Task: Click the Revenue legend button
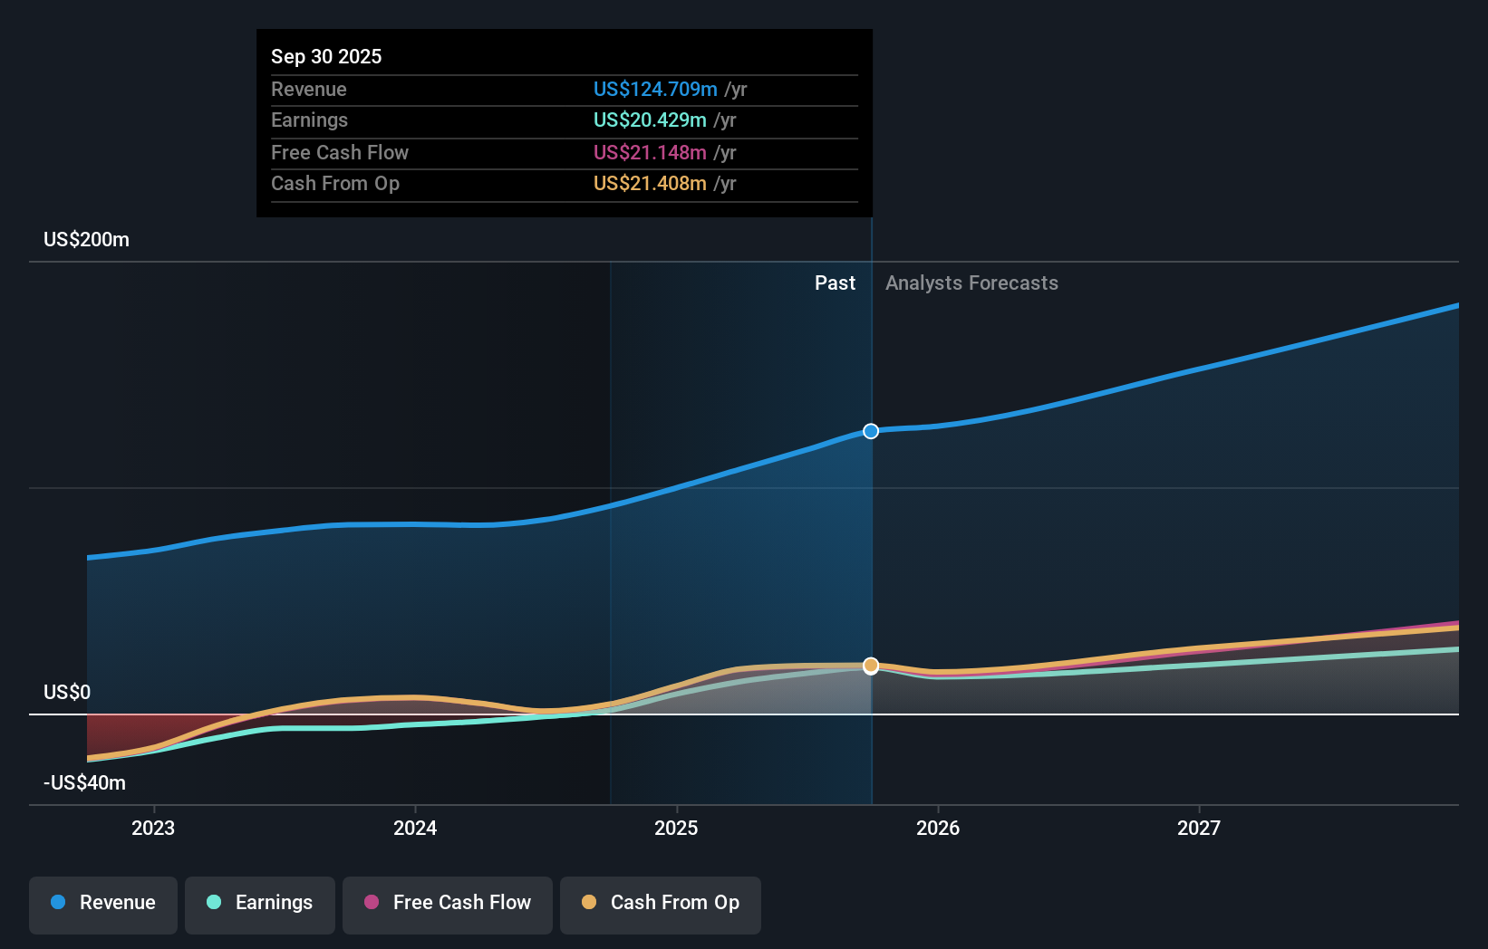(x=103, y=903)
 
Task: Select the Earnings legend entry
(x=260, y=903)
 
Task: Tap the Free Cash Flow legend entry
(x=448, y=903)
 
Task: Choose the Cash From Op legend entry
(x=661, y=903)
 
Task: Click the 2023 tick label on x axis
(x=153, y=828)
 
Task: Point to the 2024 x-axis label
(x=415, y=828)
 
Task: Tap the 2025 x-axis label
(x=676, y=828)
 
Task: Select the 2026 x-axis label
(x=938, y=828)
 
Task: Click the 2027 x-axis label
(x=1199, y=828)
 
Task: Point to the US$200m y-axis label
(x=87, y=240)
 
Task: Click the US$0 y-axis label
(x=67, y=693)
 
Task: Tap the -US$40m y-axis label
(x=85, y=783)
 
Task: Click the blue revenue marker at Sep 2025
(x=871, y=431)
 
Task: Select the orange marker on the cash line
(x=871, y=666)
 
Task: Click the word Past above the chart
(x=835, y=283)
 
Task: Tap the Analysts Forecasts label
(x=971, y=283)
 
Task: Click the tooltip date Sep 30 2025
(x=326, y=56)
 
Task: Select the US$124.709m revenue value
(x=655, y=90)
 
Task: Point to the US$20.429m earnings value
(x=650, y=120)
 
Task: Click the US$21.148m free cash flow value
(x=650, y=153)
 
